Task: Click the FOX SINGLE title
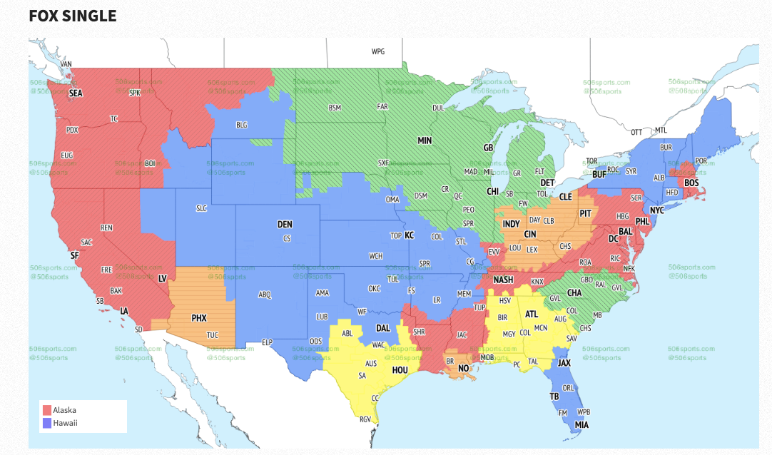pyautogui.click(x=72, y=15)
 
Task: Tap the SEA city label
pyautogui.click(x=76, y=93)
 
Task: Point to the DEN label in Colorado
pyautogui.click(x=285, y=225)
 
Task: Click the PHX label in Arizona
pyautogui.click(x=199, y=318)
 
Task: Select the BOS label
pyautogui.click(x=691, y=183)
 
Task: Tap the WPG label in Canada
pyautogui.click(x=378, y=52)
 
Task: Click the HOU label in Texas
pyautogui.click(x=400, y=370)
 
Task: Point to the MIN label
pyautogui.click(x=425, y=141)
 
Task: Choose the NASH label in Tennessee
pyautogui.click(x=503, y=280)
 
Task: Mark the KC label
pyautogui.click(x=409, y=235)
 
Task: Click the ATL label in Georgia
pyautogui.click(x=532, y=314)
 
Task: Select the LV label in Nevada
pyautogui.click(x=163, y=278)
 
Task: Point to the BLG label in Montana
pyautogui.click(x=242, y=125)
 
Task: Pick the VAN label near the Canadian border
pyautogui.click(x=66, y=64)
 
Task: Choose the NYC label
pyautogui.click(x=657, y=211)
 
